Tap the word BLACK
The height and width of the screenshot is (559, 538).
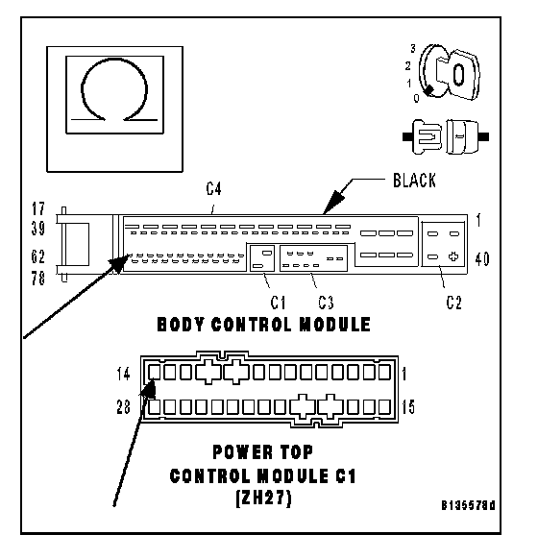point(414,181)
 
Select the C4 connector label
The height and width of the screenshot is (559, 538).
point(213,188)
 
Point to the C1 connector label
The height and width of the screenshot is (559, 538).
point(278,303)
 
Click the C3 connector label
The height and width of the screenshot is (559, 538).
point(326,303)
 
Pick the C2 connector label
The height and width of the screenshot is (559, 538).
point(453,303)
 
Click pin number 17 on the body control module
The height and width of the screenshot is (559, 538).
point(38,209)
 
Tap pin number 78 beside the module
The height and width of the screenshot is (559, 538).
point(38,279)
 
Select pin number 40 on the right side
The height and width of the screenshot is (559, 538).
point(482,259)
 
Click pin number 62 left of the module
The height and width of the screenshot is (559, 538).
point(38,256)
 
